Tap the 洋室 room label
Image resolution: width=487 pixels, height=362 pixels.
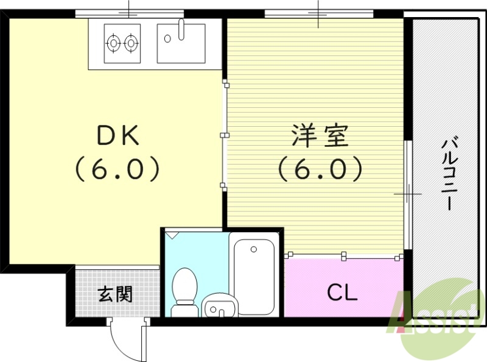(x=320, y=136)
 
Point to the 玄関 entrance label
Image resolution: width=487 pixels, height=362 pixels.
(x=115, y=294)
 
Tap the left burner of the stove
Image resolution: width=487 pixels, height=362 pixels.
(x=113, y=43)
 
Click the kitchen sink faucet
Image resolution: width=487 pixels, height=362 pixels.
(x=180, y=28)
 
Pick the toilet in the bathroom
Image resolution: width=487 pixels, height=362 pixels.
(x=184, y=291)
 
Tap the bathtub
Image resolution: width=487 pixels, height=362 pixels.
(x=254, y=275)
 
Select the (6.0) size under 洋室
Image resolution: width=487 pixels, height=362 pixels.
(x=320, y=169)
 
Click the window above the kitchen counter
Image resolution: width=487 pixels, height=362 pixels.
(x=130, y=12)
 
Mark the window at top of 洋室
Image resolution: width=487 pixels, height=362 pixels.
(x=318, y=12)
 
